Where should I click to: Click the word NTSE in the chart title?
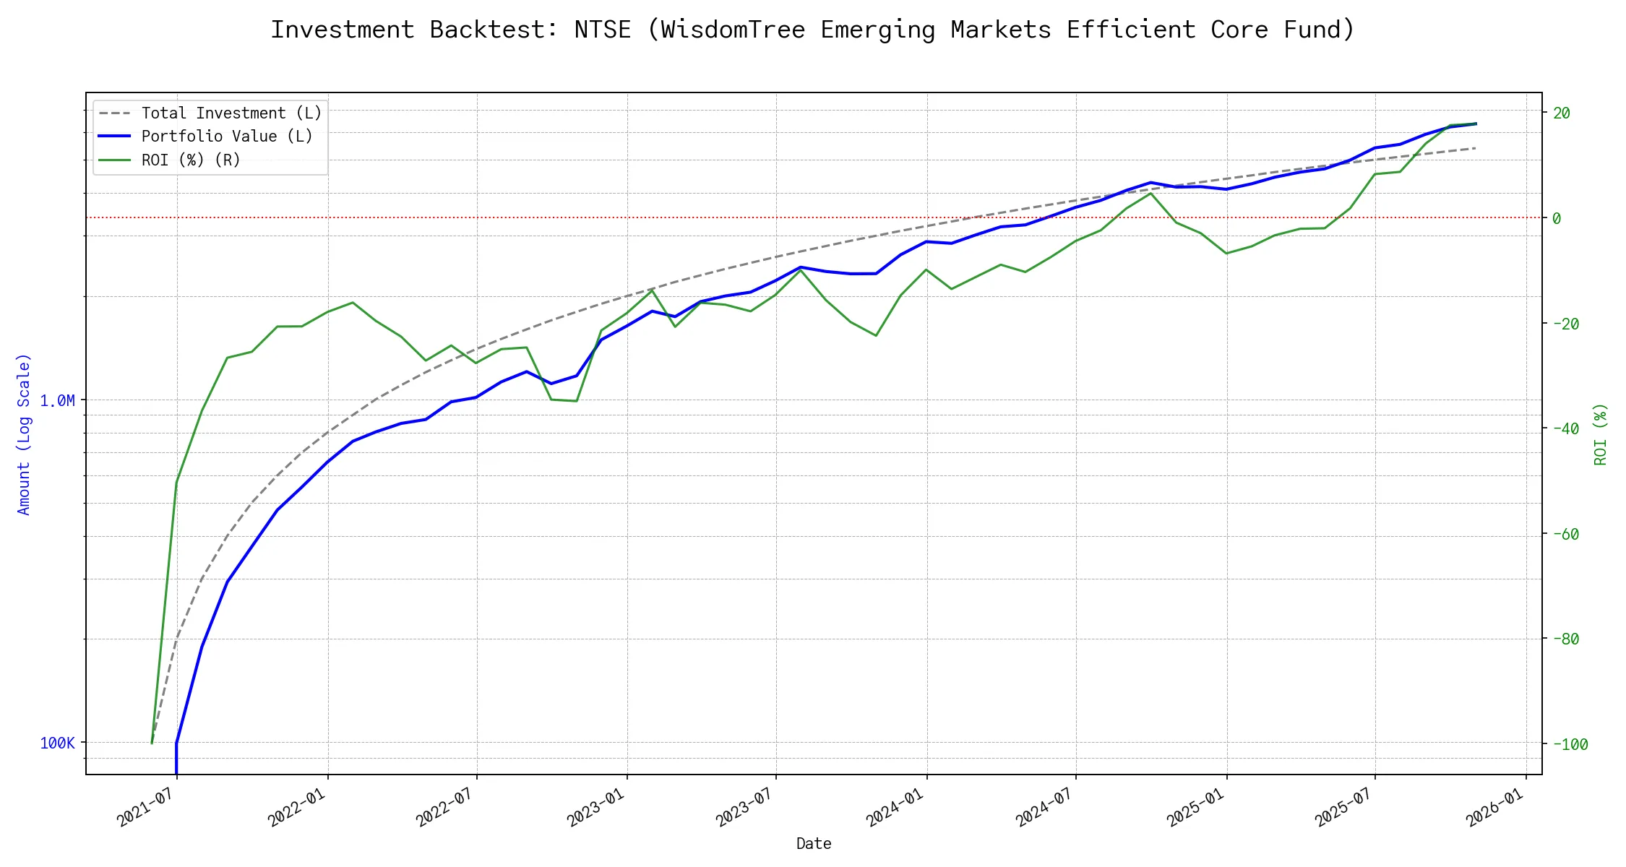(x=602, y=30)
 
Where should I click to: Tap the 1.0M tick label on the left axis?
(x=57, y=400)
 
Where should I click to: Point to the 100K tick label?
(x=57, y=743)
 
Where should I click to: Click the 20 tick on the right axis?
(x=1562, y=113)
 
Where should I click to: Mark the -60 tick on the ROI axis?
(x=1565, y=534)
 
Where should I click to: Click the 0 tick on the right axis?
(x=1557, y=218)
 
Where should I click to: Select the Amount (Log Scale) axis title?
(x=24, y=434)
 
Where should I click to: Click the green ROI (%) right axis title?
(x=1600, y=434)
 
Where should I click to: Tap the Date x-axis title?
(x=814, y=843)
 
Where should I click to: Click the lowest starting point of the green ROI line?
(x=152, y=743)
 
